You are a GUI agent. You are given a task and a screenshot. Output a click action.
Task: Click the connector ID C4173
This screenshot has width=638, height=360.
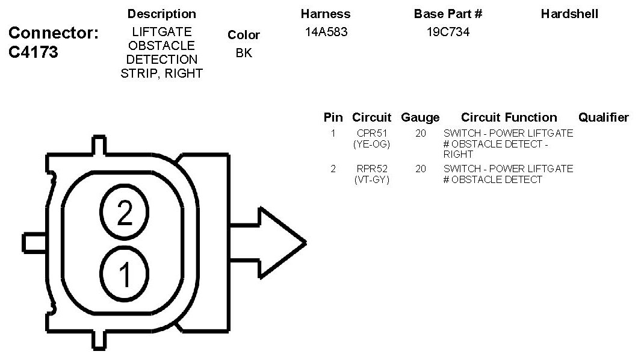pyautogui.click(x=33, y=52)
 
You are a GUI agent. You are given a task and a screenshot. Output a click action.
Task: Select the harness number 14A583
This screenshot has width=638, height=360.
pyautogui.click(x=326, y=33)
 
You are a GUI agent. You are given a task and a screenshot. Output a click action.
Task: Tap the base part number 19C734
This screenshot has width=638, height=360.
pyautogui.click(x=448, y=33)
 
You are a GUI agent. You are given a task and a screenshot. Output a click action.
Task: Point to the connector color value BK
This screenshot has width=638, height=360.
pyautogui.click(x=244, y=53)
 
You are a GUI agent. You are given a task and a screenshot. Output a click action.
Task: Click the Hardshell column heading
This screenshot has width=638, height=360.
pyautogui.click(x=569, y=14)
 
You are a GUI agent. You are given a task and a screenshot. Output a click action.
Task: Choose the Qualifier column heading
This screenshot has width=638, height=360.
pyautogui.click(x=603, y=117)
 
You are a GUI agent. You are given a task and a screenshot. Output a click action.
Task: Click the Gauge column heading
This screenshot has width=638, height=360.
pyautogui.click(x=420, y=117)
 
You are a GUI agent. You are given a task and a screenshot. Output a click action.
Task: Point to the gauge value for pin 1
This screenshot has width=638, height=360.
pyautogui.click(x=420, y=133)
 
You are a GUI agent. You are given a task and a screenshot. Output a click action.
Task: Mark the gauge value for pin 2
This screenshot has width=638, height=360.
pyautogui.click(x=420, y=169)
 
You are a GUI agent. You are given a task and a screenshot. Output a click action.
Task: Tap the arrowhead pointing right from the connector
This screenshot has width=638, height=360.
pyautogui.click(x=283, y=243)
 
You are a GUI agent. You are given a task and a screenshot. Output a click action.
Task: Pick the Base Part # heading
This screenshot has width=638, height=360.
pyautogui.click(x=448, y=14)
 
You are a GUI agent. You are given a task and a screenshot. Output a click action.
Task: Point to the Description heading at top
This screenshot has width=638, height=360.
pyautogui.click(x=162, y=14)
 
